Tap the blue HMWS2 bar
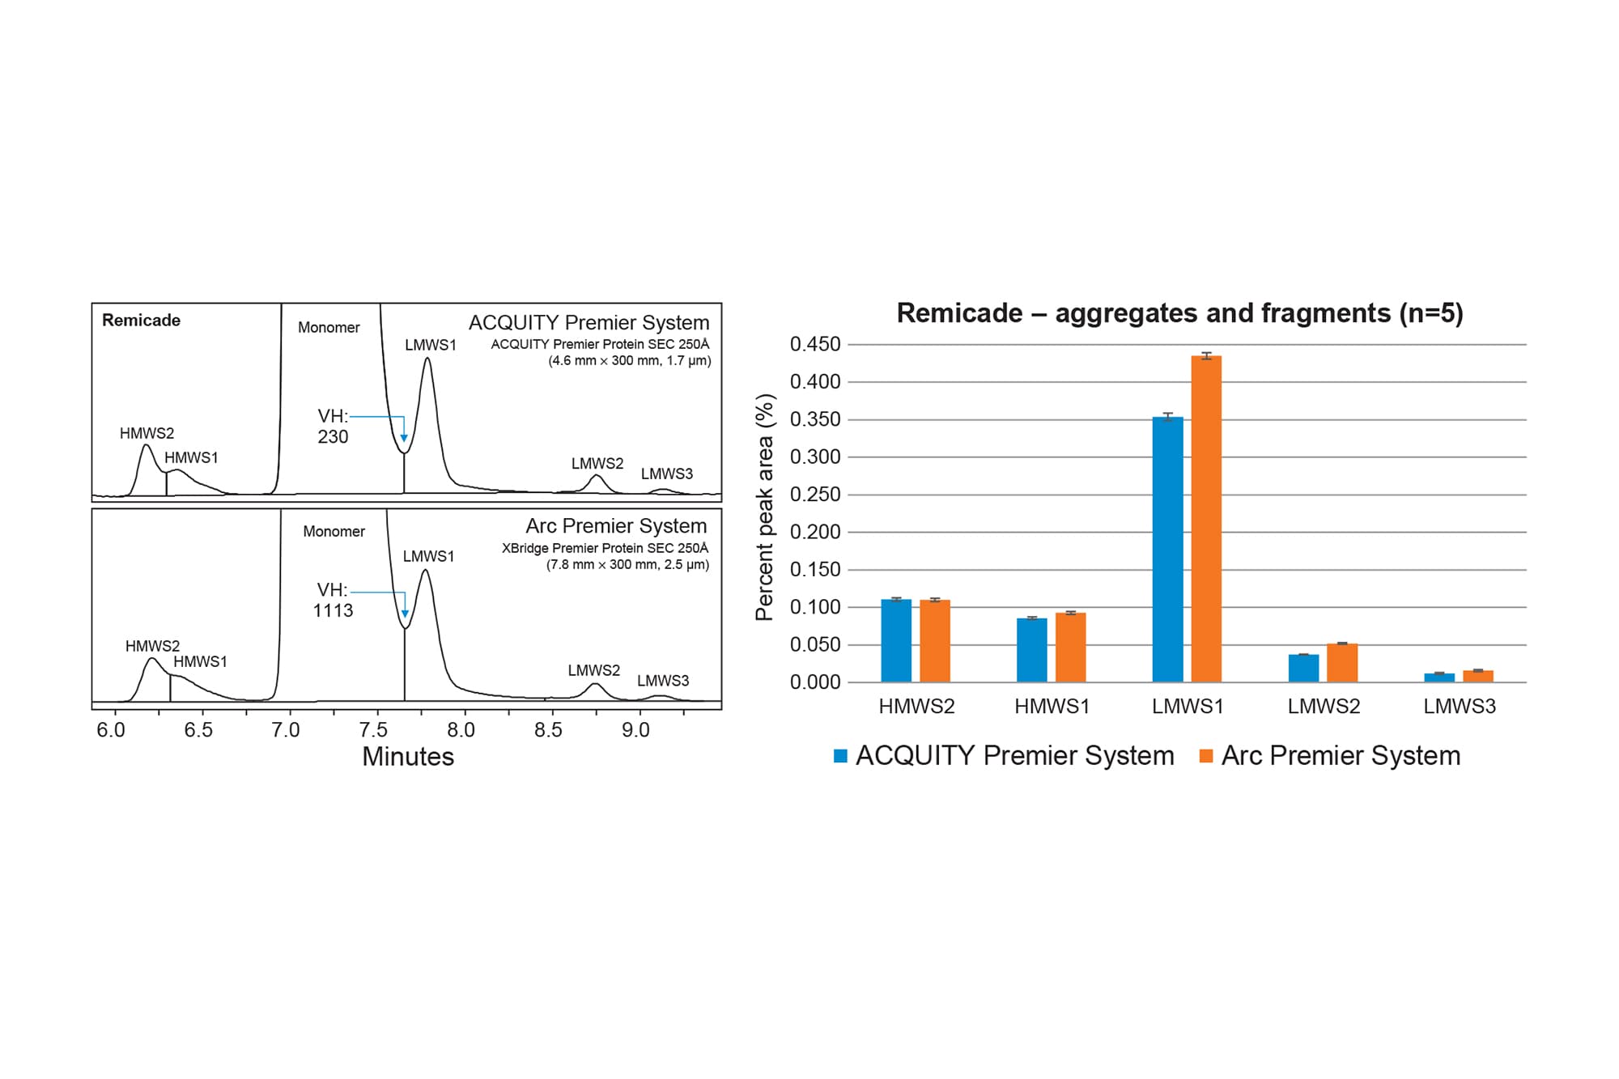click(x=896, y=640)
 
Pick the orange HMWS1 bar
click(x=1070, y=647)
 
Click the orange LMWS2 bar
click(x=1342, y=663)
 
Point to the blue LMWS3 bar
click(x=1439, y=678)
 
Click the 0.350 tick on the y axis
click(x=815, y=419)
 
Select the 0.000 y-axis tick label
click(x=815, y=682)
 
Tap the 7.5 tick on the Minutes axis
click(x=373, y=730)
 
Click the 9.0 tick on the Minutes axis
click(x=635, y=730)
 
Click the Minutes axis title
click(x=408, y=757)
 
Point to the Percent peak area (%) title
click(x=765, y=508)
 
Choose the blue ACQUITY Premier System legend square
click(x=841, y=756)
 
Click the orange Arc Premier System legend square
click(x=1206, y=756)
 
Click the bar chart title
click(x=1179, y=313)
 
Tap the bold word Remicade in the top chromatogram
click(x=142, y=321)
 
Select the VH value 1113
click(x=333, y=611)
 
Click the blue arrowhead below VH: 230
click(x=404, y=438)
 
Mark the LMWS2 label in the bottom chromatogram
click(x=593, y=671)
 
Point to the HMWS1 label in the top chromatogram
click(x=191, y=458)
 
